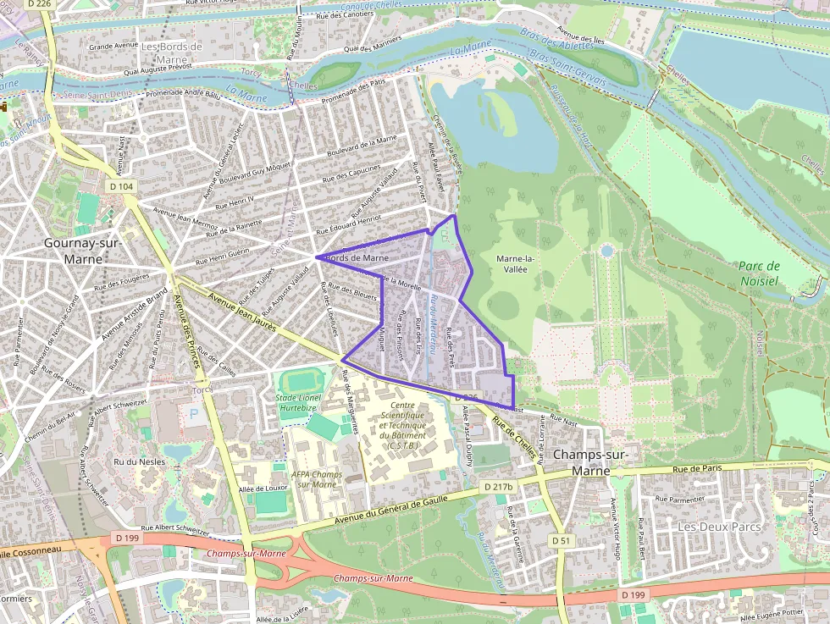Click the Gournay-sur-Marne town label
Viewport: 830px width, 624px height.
pos(81,251)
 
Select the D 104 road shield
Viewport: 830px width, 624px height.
pos(122,185)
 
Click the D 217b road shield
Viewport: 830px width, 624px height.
pos(500,487)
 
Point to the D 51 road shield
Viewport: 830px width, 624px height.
pos(560,539)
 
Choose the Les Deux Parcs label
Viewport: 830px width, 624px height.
pos(719,526)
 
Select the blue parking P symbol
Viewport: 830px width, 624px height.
pos(194,417)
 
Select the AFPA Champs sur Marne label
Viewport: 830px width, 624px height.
pos(317,479)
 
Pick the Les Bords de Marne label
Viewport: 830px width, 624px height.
pos(172,52)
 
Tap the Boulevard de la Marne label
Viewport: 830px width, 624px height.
pos(362,146)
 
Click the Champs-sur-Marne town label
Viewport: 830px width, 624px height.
pos(590,461)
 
